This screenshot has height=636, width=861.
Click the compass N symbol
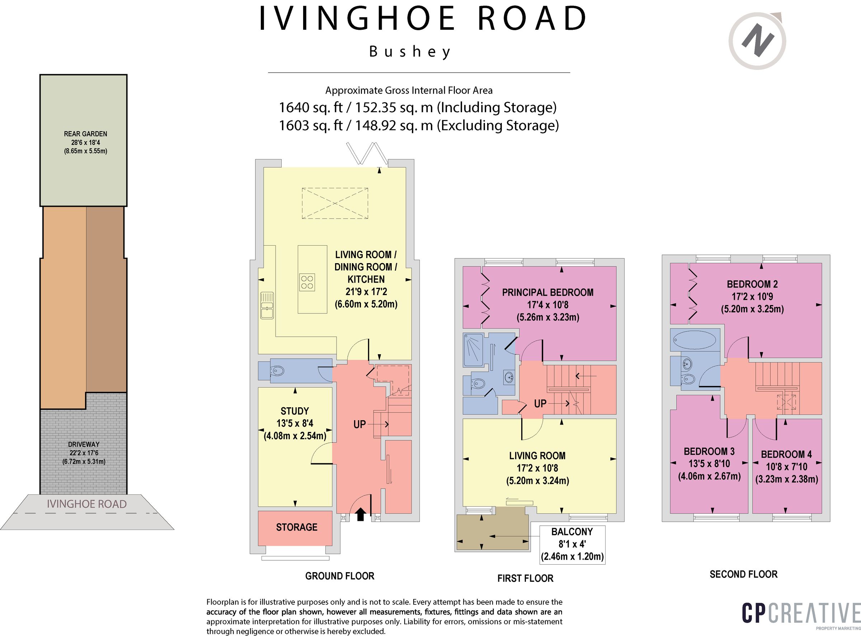tap(757, 41)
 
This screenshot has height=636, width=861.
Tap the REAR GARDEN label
tap(85, 134)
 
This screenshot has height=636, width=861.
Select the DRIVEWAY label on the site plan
tap(84, 444)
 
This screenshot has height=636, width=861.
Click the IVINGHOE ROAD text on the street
tap(87, 504)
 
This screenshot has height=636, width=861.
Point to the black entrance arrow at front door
tap(360, 514)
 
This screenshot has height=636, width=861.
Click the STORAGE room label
tap(297, 527)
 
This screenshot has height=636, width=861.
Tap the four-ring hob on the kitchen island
tap(307, 282)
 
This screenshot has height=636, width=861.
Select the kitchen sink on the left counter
tap(267, 305)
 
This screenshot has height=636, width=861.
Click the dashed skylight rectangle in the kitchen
tap(335, 203)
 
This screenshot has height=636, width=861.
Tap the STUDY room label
tap(295, 411)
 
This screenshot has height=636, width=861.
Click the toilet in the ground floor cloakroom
tap(277, 371)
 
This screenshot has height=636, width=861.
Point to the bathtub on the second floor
tap(695, 340)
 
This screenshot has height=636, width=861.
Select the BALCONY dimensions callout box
tap(572, 544)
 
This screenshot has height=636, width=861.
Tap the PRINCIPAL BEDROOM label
tap(547, 292)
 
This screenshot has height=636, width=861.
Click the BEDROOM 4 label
tap(786, 454)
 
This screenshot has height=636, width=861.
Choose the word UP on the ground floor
tap(359, 424)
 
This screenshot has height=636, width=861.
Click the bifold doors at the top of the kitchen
tap(367, 152)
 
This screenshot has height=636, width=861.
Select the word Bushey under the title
tap(410, 52)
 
